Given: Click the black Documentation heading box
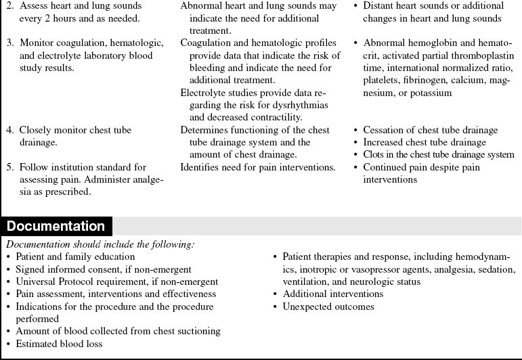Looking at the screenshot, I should tap(56, 227).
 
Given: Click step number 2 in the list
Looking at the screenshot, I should tap(10, 5).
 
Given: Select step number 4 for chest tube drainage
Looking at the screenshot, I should tap(10, 130).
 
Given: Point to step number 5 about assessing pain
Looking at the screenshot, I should tap(10, 166).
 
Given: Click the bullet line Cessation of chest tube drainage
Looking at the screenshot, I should tap(430, 130).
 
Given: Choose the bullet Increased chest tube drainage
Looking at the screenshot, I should tap(425, 142).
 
